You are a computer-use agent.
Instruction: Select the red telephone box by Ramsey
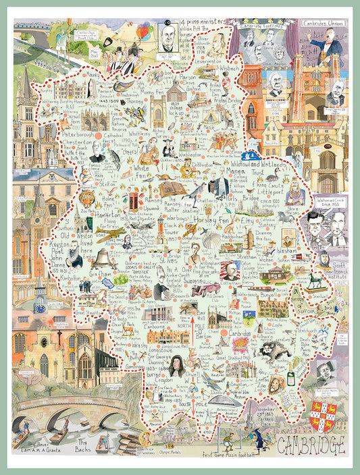(134, 201)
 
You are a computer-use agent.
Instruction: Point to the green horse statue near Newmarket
(313, 279)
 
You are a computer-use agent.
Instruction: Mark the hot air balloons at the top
(143, 31)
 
